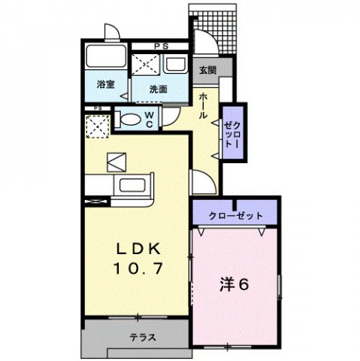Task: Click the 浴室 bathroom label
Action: [x=105, y=85]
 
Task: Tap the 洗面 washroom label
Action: [x=158, y=89]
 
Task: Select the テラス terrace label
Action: [x=142, y=337]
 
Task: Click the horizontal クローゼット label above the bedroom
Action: [x=236, y=216]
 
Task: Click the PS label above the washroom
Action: [x=159, y=47]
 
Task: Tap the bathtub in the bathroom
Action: [x=104, y=57]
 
